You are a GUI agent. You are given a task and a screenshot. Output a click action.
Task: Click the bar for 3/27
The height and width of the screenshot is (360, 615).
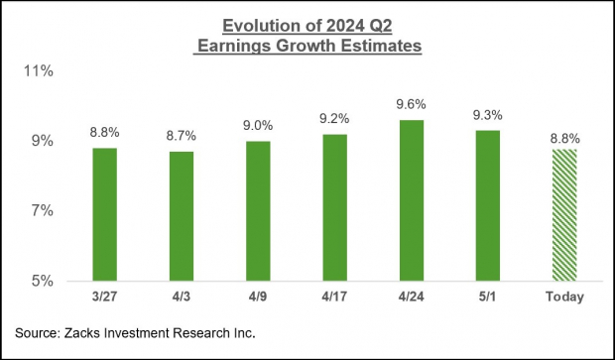[104, 214]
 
